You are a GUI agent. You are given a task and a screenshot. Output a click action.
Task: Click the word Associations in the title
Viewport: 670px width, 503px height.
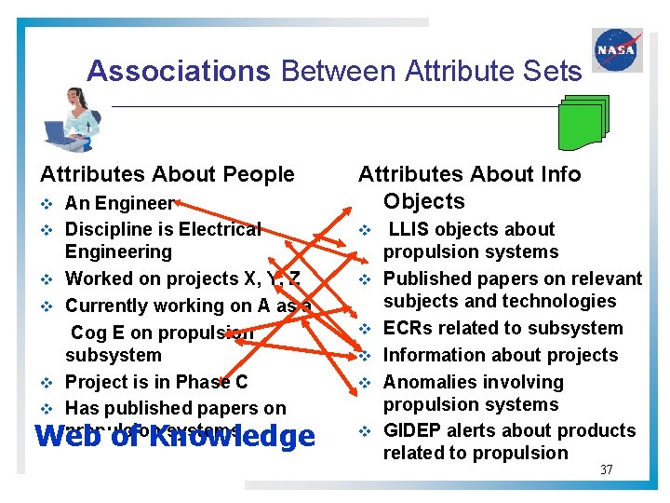point(178,71)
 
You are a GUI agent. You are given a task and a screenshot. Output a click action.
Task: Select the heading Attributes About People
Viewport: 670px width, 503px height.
point(167,174)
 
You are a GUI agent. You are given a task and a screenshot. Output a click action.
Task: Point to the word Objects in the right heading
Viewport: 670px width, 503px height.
point(423,201)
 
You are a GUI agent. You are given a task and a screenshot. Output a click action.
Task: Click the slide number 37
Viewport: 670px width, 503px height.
point(606,469)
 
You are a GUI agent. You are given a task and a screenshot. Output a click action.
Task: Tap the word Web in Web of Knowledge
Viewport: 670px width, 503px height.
point(62,437)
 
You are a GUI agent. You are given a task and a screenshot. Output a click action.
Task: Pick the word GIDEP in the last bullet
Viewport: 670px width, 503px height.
point(412,430)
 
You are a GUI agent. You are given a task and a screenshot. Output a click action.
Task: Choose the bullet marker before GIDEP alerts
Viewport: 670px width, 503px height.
point(366,431)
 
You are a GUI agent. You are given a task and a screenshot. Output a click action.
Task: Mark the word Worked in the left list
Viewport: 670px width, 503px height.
point(98,279)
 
